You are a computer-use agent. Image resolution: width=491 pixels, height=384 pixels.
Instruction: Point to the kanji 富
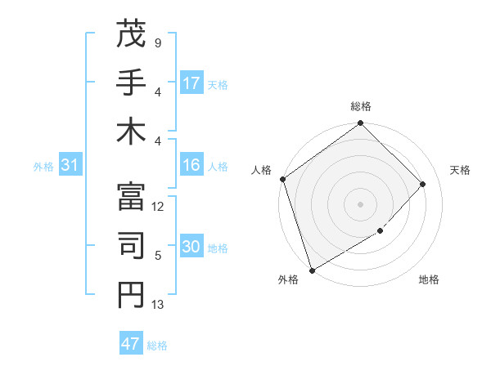pyautogui.click(x=131, y=197)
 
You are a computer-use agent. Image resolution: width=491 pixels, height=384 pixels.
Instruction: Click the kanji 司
pyautogui.click(x=131, y=246)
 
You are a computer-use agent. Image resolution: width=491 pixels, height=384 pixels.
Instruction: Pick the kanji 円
pyautogui.click(x=131, y=295)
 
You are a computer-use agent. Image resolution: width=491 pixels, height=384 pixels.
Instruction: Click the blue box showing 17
pyautogui.click(x=191, y=83)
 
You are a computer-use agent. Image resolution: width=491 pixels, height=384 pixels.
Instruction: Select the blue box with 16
pyautogui.click(x=191, y=166)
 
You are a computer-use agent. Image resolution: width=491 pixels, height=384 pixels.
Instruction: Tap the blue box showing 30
pyautogui.click(x=191, y=248)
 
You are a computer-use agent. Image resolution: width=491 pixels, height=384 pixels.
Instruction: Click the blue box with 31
pyautogui.click(x=70, y=166)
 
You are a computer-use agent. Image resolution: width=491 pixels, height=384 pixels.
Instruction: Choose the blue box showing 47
pyautogui.click(x=131, y=344)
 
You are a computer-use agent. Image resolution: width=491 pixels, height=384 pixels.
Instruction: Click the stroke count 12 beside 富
pyautogui.click(x=159, y=207)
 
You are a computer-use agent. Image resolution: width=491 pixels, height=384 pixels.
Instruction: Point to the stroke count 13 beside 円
pyautogui.click(x=159, y=305)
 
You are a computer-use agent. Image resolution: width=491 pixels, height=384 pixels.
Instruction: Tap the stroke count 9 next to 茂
pyautogui.click(x=158, y=42)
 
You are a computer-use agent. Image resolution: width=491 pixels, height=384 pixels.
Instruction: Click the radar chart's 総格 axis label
pyautogui.click(x=361, y=106)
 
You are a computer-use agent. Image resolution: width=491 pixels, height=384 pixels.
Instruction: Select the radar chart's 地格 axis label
pyautogui.click(x=429, y=279)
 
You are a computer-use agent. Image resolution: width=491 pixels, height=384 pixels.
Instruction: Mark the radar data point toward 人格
pyautogui.click(x=283, y=179)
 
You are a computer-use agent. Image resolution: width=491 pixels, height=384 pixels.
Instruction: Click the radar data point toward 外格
pyautogui.click(x=312, y=270)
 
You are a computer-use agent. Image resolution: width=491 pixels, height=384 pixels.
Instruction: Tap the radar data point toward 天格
pyautogui.click(x=423, y=184)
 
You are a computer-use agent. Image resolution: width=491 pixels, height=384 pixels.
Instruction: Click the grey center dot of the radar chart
pyautogui.click(x=360, y=203)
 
